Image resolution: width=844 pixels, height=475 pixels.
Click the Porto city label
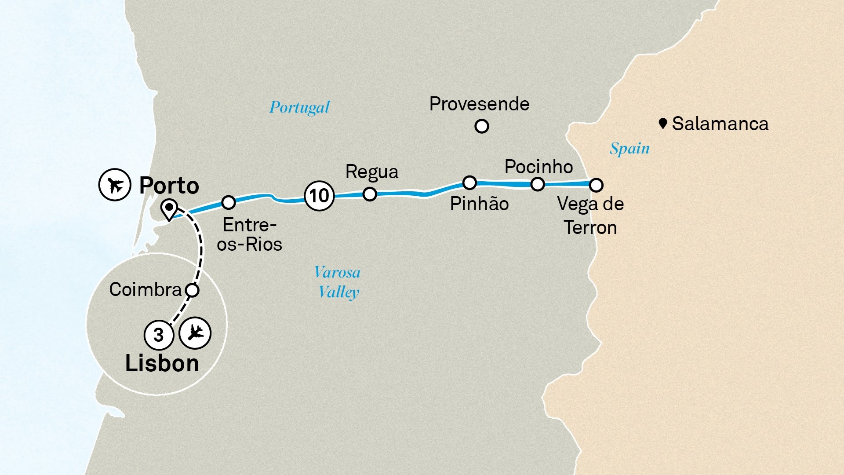click(x=169, y=186)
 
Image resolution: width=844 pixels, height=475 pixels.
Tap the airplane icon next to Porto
click(x=115, y=185)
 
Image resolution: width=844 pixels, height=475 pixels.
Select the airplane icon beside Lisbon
click(x=195, y=333)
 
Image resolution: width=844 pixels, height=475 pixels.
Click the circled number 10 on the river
click(x=319, y=196)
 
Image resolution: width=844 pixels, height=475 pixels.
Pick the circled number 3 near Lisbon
click(x=159, y=335)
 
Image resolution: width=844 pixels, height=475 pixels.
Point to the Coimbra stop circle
click(x=192, y=290)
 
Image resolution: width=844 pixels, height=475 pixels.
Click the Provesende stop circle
click(x=482, y=127)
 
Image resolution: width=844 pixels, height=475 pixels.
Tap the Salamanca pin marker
click(x=663, y=124)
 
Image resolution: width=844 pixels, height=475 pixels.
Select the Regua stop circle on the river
click(x=370, y=194)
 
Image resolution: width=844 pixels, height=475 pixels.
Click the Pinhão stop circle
click(x=469, y=183)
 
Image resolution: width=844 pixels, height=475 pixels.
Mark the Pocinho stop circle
click(x=538, y=184)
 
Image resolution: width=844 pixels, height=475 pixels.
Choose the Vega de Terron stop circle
click(x=596, y=185)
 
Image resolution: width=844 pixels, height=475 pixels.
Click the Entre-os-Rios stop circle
click(x=228, y=202)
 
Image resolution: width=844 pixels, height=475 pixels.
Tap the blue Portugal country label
click(x=299, y=108)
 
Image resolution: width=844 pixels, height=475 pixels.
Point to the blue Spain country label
click(x=629, y=149)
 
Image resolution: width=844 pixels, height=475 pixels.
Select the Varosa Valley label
click(x=338, y=282)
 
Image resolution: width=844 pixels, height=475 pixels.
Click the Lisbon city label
click(x=162, y=364)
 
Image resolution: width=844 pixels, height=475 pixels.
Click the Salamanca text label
click(x=720, y=124)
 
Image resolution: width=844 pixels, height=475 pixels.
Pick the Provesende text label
click(x=479, y=104)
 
